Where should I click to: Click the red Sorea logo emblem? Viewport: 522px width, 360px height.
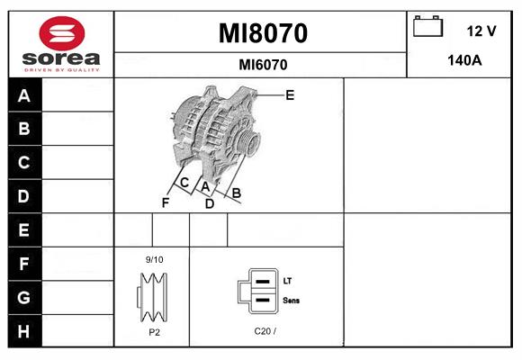[62, 33]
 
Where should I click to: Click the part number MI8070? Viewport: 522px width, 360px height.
[263, 33]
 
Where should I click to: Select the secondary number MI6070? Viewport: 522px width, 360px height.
[263, 65]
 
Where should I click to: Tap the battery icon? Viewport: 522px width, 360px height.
[427, 26]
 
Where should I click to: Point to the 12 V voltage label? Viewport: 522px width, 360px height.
[481, 31]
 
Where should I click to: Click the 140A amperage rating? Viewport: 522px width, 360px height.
[464, 60]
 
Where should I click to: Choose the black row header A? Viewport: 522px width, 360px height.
[24, 95]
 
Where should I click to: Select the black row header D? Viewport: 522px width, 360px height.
[24, 196]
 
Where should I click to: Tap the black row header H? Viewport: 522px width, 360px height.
[24, 331]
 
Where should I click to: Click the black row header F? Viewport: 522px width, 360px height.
[24, 264]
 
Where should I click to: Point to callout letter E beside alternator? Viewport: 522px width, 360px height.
[290, 95]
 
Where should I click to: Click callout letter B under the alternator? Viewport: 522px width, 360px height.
[237, 193]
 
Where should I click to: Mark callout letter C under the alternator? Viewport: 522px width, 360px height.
[184, 183]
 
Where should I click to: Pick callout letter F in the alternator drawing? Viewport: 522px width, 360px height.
[166, 202]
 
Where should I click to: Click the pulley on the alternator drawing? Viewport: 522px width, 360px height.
[248, 142]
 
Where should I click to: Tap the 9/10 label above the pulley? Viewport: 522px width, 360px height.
[155, 259]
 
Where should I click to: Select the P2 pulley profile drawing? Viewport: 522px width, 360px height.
[152, 297]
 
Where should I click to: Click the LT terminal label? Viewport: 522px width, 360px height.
[287, 281]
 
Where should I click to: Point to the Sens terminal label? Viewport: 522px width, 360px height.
[291, 301]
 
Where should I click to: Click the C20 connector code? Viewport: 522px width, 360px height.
[265, 331]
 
